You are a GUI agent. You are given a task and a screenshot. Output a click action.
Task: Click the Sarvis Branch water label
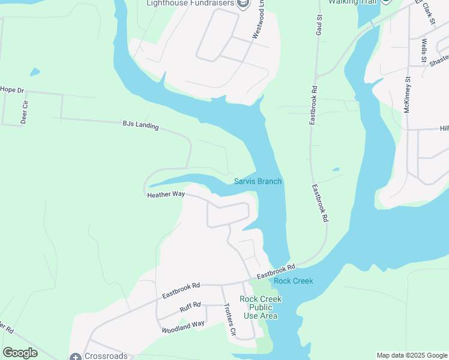(258, 181)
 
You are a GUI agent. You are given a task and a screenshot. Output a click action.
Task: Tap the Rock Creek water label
(294, 281)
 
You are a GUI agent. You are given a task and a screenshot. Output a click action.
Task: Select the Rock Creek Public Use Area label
(261, 307)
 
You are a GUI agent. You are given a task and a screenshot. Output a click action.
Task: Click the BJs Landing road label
(140, 125)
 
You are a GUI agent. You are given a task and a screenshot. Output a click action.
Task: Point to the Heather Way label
(166, 194)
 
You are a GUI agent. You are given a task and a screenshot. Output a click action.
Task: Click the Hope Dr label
(11, 90)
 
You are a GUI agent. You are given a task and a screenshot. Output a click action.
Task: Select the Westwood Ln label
(258, 24)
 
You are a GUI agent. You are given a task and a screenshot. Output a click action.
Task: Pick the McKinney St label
(407, 95)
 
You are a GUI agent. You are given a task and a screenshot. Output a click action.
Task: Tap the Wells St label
(424, 51)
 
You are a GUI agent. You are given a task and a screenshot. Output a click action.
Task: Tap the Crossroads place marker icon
(76, 356)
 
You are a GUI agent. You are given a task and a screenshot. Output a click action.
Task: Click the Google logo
(20, 353)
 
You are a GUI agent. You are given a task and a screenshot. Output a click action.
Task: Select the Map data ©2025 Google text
(412, 355)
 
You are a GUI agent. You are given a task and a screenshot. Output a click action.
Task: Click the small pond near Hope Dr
(35, 72)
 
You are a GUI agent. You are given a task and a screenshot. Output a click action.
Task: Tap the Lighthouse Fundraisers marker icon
(243, 4)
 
